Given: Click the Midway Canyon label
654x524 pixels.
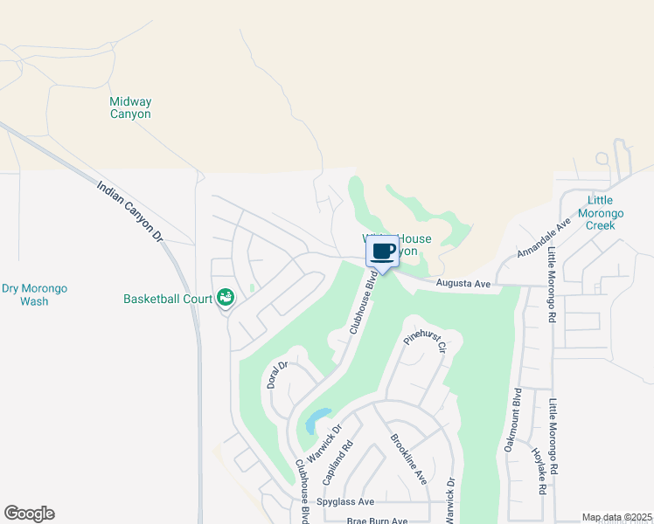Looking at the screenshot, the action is [x=129, y=108].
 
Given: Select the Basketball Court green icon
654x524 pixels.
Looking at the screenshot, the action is [x=226, y=299].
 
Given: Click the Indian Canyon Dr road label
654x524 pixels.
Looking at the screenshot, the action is [x=130, y=210].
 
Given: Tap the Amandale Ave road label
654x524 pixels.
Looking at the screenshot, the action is [x=543, y=237].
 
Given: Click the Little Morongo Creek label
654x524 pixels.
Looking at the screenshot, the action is [x=601, y=213].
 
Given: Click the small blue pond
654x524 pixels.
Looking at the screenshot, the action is [x=317, y=421].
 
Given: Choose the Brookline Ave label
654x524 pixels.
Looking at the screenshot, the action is [x=408, y=460].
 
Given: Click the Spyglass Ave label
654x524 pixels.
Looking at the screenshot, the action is [x=345, y=502].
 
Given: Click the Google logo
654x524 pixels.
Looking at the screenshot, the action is [x=29, y=514].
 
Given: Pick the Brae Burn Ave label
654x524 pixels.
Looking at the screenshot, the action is [x=378, y=521].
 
